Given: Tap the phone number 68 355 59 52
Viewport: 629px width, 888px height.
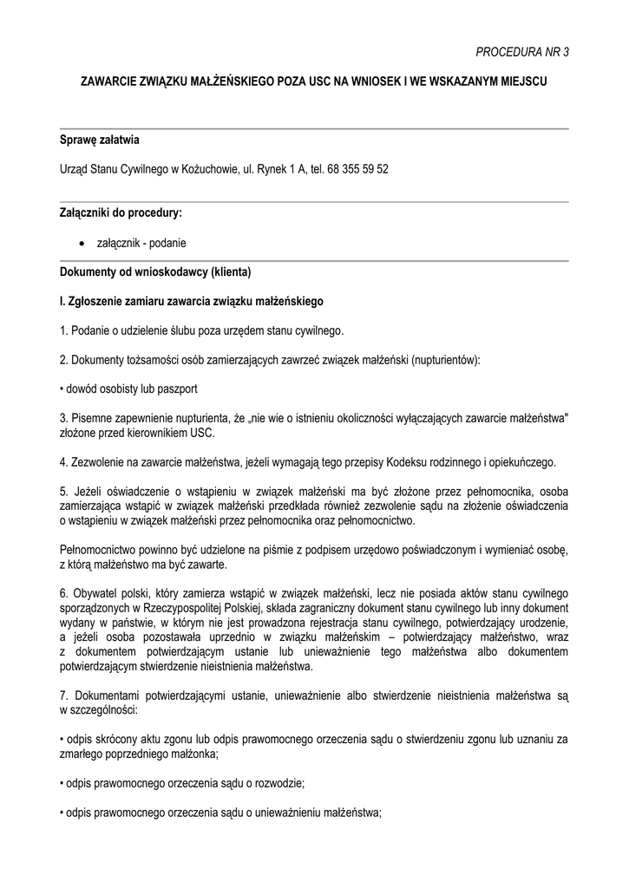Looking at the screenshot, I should click(358, 168).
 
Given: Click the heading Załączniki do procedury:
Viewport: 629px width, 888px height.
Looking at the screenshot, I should click(121, 212).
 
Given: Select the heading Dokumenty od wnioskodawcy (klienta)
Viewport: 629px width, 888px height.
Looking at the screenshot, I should click(154, 272).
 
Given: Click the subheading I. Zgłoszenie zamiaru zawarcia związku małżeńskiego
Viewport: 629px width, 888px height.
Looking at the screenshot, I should click(191, 302).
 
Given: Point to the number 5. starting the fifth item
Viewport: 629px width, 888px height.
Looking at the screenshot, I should click(64, 491).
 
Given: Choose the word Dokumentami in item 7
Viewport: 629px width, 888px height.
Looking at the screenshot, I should click(108, 695).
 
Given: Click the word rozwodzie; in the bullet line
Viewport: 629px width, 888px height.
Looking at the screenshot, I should click(277, 783).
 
